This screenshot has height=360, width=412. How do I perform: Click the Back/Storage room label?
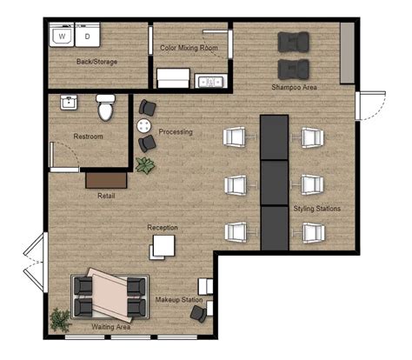[96, 62]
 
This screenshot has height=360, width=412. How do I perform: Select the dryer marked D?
[88, 37]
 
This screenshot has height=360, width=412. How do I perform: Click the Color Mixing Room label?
[189, 48]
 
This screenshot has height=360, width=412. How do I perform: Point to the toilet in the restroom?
[106, 108]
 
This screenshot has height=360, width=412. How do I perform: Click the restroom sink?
[68, 103]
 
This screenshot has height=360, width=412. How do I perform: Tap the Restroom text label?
[89, 137]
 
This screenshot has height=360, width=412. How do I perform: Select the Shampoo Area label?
[294, 88]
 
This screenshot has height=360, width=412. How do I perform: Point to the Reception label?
[163, 228]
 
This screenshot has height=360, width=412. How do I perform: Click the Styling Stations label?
[316, 209]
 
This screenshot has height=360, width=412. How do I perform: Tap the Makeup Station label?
[179, 300]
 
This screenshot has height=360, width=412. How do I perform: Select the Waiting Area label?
[111, 327]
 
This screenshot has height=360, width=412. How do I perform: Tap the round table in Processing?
[142, 124]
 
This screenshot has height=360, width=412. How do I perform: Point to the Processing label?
[176, 132]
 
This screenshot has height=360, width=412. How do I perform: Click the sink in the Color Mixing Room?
[209, 83]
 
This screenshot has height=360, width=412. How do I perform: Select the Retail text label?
[106, 196]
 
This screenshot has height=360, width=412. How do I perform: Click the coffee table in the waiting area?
[109, 291]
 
